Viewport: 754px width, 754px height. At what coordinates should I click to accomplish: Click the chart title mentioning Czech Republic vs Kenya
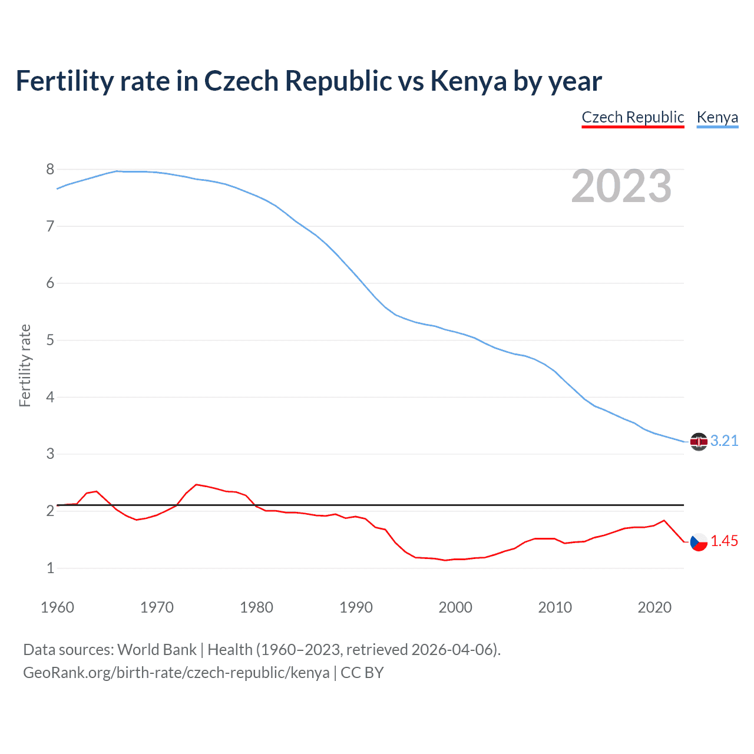pos(309,81)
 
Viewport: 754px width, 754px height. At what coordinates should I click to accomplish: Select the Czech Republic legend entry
pos(633,117)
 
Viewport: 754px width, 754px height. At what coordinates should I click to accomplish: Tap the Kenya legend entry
pos(717,117)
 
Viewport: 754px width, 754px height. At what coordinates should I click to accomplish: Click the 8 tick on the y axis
pos(50,170)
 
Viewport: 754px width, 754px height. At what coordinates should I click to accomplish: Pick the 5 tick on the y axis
pos(50,340)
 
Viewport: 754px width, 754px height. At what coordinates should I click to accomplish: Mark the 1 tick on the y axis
pos(50,568)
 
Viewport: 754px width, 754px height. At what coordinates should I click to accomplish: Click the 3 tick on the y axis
pos(50,454)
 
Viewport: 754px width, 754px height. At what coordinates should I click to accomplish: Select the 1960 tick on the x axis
pos(57,607)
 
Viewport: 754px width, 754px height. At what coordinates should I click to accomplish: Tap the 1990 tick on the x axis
pos(356,607)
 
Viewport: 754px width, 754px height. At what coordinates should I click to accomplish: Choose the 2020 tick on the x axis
pos(654,607)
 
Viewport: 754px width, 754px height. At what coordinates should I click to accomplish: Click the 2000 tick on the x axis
pos(455,607)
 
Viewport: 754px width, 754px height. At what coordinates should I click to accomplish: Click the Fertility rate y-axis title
pos(25,365)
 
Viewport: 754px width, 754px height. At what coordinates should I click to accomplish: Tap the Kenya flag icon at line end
pos(699,442)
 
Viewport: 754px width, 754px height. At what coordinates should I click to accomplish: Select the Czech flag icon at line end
pos(699,541)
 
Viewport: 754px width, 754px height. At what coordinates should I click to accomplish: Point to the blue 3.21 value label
pos(724,441)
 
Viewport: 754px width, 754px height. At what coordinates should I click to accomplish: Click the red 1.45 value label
pos(724,541)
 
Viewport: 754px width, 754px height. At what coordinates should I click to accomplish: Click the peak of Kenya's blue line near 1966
pos(117,171)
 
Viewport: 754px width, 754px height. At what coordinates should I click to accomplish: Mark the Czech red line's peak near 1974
pos(196,484)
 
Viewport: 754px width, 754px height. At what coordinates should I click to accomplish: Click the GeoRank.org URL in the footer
pos(176,673)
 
